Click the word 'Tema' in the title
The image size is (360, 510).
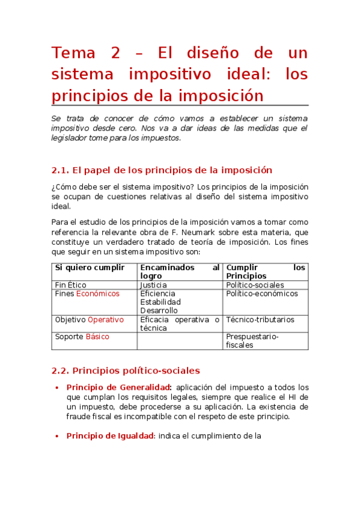coord(73,53)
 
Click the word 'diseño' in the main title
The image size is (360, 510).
coord(215,53)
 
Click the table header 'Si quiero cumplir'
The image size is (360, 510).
coord(90,268)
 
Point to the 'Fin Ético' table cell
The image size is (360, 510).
coord(70,285)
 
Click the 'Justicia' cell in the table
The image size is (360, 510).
coord(153,285)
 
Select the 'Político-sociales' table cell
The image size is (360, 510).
coord(254,285)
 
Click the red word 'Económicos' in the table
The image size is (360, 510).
coord(97,294)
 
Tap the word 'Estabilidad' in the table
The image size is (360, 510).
coord(160,303)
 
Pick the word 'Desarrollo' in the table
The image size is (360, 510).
coord(159,311)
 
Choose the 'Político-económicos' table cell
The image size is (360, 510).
coord(261,294)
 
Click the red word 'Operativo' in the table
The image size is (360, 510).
coord(106,320)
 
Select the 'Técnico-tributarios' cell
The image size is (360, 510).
coord(260,320)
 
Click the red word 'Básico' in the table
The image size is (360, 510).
coord(97,337)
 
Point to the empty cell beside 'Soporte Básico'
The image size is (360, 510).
coord(180,341)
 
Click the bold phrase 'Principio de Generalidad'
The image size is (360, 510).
coord(119,387)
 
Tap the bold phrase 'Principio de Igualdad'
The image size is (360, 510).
coord(111,436)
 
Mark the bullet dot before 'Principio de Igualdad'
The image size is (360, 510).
coord(56,436)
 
